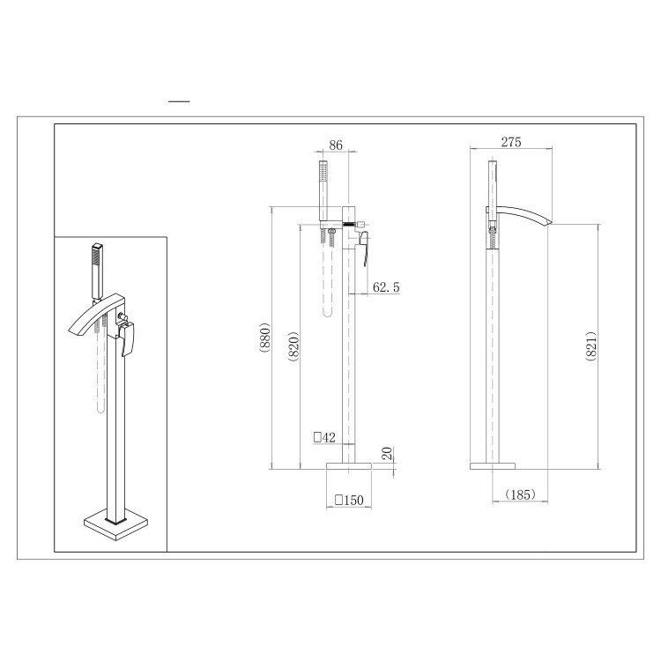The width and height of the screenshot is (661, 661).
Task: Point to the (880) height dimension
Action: (x=265, y=337)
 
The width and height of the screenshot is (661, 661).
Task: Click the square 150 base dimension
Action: (x=349, y=500)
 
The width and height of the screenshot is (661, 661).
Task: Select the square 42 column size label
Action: (x=324, y=435)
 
